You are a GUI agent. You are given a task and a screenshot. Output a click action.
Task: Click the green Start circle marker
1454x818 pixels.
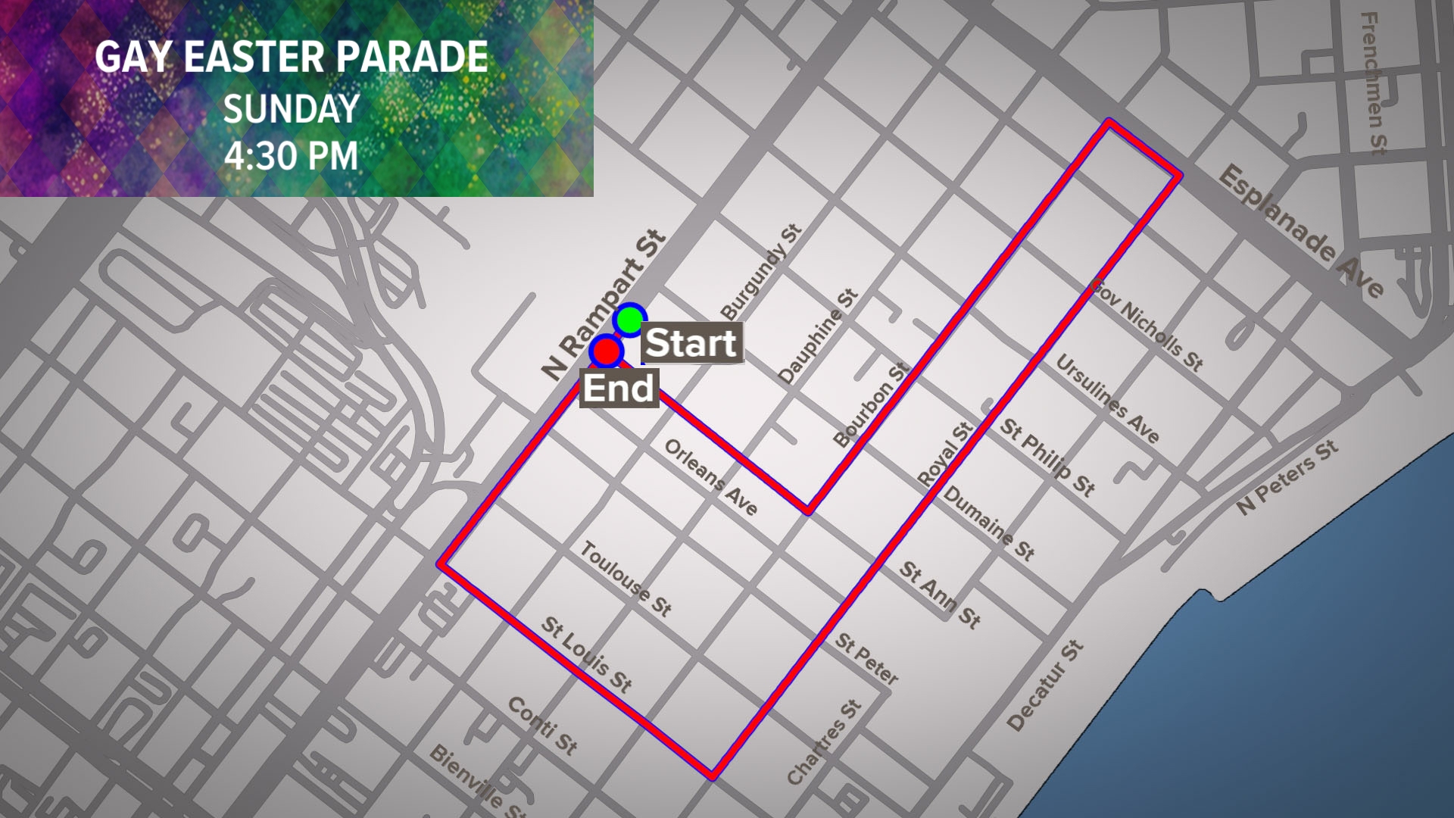pyautogui.click(x=629, y=320)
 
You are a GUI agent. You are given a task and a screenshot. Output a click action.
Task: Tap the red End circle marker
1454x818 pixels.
pyautogui.click(x=606, y=351)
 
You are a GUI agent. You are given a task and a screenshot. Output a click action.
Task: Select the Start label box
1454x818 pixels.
pyautogui.click(x=691, y=343)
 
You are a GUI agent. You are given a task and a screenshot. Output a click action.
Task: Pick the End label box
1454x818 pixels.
pyautogui.click(x=618, y=389)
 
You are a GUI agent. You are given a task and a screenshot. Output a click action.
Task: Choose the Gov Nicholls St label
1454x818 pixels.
pyautogui.click(x=1147, y=325)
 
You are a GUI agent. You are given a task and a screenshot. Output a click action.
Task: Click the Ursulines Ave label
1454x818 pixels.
pyautogui.click(x=1107, y=398)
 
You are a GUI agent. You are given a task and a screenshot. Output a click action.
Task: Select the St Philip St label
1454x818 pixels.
pyautogui.click(x=1047, y=457)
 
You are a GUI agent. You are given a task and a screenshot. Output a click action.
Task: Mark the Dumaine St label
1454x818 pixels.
pyautogui.click(x=989, y=523)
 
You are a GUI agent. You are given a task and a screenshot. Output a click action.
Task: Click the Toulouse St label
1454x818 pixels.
pyautogui.click(x=626, y=579)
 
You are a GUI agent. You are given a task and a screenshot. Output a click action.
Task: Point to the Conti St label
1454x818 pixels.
pyautogui.click(x=542, y=726)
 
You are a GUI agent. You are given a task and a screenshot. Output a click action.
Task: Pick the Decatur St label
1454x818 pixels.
pyautogui.click(x=1045, y=685)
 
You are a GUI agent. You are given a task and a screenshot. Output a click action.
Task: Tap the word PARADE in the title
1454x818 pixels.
pyautogui.click(x=412, y=57)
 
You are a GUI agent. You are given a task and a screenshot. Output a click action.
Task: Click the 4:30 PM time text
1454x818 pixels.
pyautogui.click(x=291, y=156)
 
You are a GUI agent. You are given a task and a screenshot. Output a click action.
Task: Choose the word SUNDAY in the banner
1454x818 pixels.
pyautogui.click(x=291, y=109)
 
